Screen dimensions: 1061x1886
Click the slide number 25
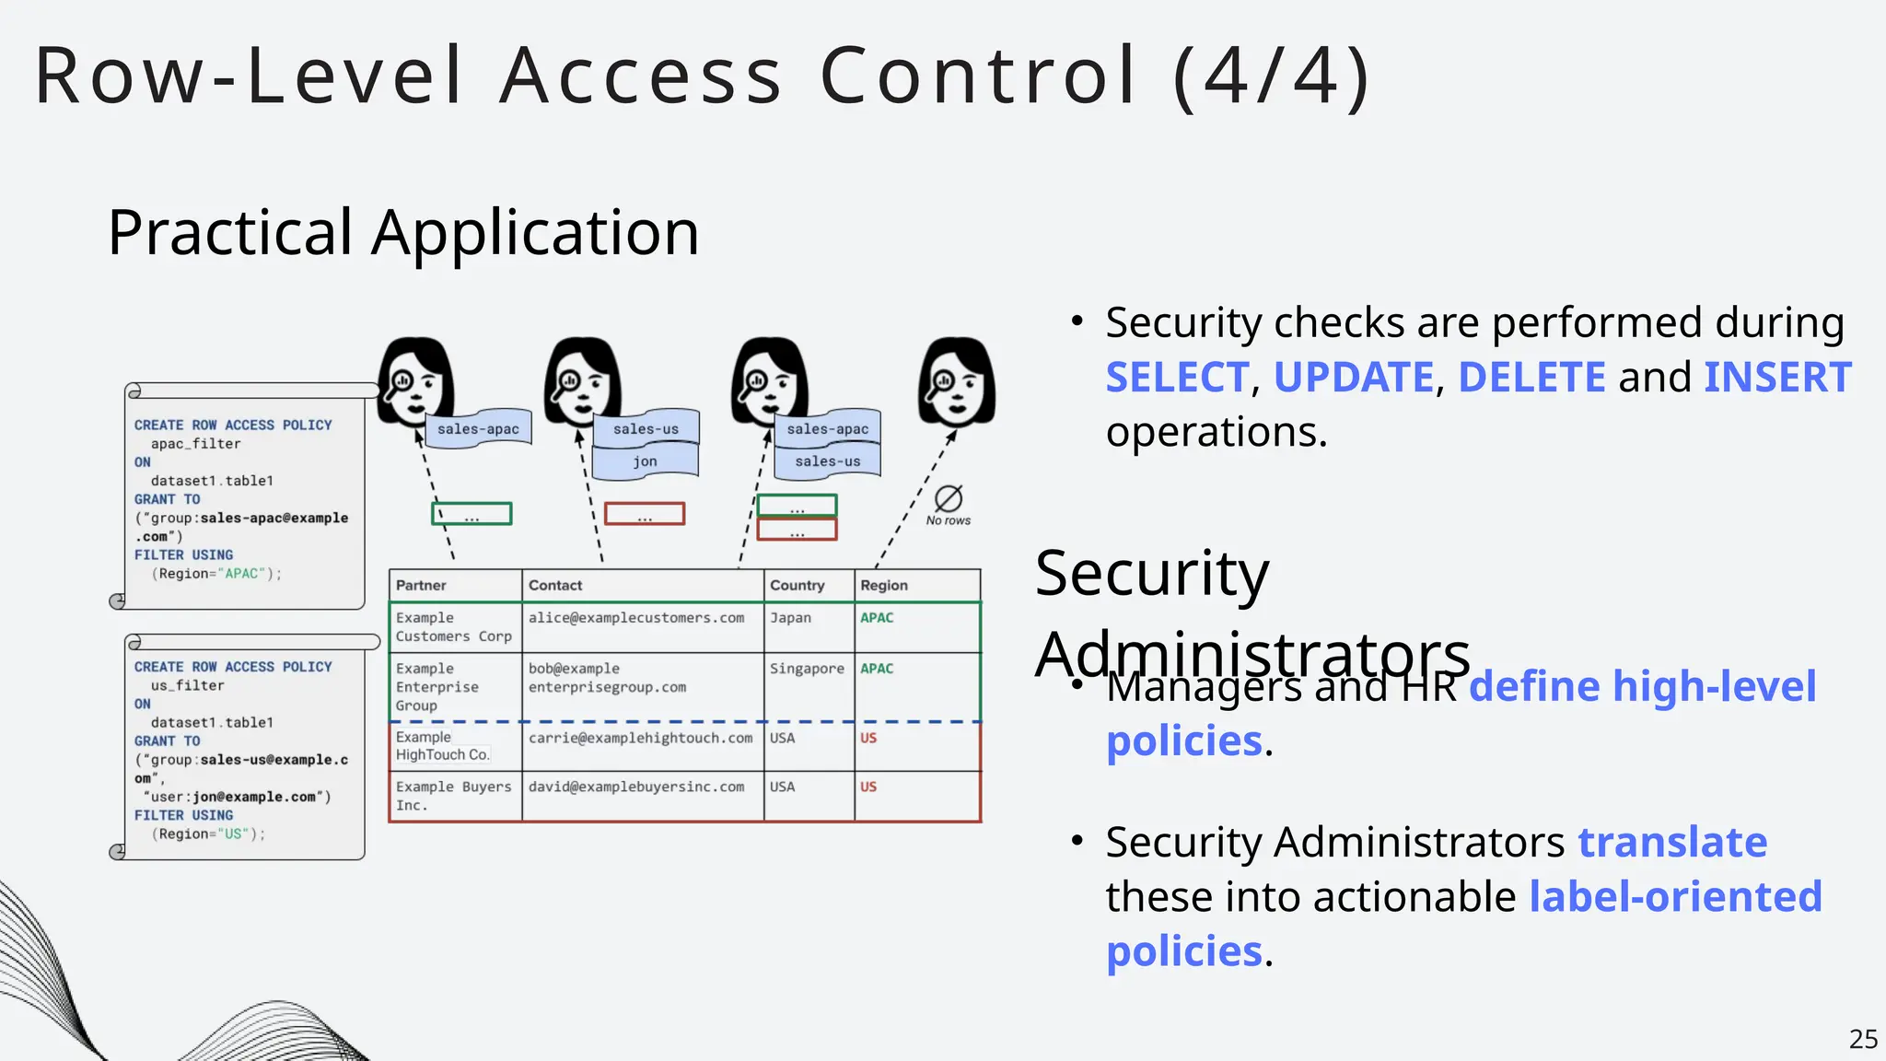1863,1039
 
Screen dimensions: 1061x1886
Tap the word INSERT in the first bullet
1777,378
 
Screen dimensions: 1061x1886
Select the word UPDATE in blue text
1354,378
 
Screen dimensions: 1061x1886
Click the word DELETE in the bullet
1531,378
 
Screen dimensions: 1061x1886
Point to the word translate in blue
1672,842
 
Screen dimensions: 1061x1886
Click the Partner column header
421,586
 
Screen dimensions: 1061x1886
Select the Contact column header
555,586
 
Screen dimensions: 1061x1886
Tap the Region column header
884,586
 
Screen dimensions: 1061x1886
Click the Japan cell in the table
790,618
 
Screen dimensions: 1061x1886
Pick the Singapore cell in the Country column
807,669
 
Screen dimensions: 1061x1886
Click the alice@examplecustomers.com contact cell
636,618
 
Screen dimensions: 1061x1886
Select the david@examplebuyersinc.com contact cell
636,787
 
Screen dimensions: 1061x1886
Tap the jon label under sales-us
645,461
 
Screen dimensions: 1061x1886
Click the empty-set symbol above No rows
949,498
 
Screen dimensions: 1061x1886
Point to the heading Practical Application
403,232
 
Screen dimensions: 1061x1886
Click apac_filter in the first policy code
195,444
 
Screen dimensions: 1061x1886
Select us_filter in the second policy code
187,686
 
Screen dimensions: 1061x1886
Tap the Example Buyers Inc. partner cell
453,796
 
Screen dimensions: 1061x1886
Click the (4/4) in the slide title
1272,76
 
